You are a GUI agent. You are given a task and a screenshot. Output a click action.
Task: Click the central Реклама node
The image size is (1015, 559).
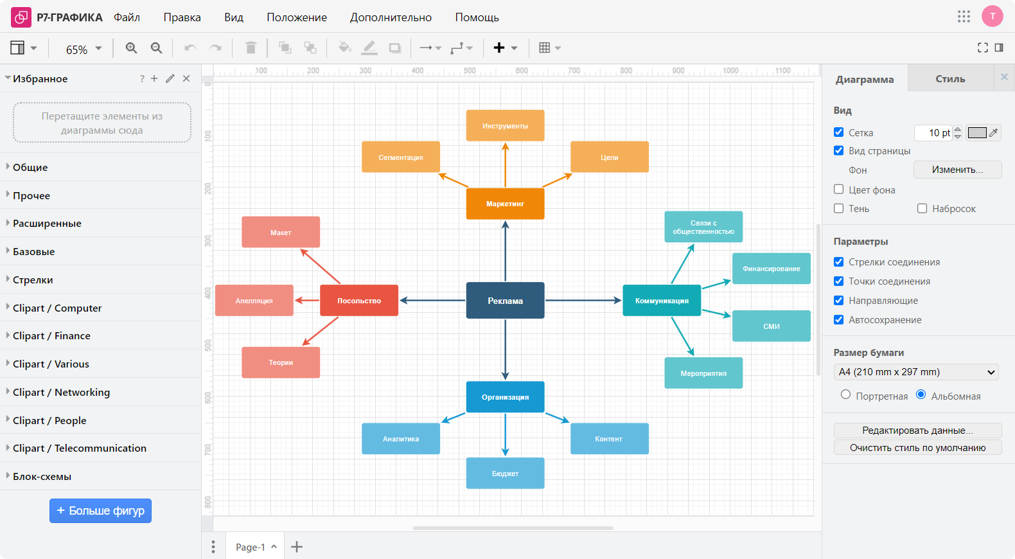pos(505,301)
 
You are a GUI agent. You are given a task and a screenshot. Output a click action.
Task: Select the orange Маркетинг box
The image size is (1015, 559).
pos(505,204)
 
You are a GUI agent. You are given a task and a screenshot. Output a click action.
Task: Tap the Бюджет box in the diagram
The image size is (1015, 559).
pos(505,474)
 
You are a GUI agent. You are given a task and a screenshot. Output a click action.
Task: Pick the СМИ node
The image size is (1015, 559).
pos(771,326)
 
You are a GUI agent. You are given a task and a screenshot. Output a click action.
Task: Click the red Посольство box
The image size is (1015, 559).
pos(359,301)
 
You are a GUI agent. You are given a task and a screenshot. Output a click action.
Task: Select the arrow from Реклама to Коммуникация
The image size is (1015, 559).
pos(583,300)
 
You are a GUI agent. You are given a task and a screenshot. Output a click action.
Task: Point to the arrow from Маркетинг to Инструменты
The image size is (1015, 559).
pos(506,165)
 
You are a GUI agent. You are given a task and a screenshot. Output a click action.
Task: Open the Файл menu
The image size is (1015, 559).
pos(127,17)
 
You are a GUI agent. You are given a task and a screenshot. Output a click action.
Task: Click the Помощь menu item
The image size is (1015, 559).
pos(477,17)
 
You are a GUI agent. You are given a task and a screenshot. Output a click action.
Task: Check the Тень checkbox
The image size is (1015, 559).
pos(839,208)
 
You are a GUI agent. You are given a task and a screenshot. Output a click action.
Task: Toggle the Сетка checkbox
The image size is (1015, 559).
pos(839,132)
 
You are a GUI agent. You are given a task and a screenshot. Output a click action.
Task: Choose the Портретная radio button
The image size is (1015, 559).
pos(846,395)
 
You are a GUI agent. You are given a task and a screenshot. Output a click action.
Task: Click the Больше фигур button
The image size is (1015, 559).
pos(101,511)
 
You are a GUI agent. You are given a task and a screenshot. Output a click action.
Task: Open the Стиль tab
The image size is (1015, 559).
pos(950,79)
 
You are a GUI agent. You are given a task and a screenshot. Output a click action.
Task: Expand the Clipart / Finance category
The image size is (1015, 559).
pos(51,335)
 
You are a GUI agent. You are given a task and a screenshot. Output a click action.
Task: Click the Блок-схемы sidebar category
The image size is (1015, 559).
pos(42,476)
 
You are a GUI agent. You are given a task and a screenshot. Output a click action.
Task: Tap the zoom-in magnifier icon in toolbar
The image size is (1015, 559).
pos(132,48)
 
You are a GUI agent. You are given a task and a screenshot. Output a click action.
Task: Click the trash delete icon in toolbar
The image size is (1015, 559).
pos(251,48)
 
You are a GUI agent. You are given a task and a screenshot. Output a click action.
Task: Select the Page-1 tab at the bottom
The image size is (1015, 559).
pos(251,547)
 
